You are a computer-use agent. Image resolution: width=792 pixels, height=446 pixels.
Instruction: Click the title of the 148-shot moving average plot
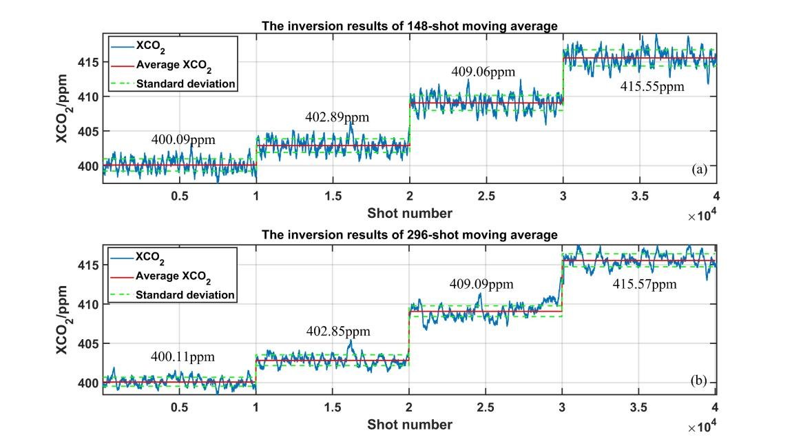(409, 26)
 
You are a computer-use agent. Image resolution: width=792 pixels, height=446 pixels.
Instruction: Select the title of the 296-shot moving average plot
(409, 236)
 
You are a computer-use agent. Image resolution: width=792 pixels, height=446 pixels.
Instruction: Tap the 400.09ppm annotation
(183, 140)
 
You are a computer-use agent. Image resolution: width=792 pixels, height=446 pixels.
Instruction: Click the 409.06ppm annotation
(483, 71)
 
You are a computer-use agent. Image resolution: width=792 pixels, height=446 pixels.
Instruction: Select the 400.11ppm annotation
(183, 357)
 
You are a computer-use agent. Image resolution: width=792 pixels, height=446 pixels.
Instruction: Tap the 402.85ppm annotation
(338, 332)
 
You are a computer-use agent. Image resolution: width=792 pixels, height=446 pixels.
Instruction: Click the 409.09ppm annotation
(483, 283)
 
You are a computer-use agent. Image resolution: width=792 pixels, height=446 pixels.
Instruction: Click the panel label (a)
(700, 170)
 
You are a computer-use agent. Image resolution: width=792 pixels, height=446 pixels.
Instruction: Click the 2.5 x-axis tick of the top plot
(486, 196)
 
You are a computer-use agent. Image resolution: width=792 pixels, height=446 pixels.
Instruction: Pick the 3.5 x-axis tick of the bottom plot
(640, 407)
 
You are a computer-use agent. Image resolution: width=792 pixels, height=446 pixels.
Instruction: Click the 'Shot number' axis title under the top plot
(409, 212)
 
